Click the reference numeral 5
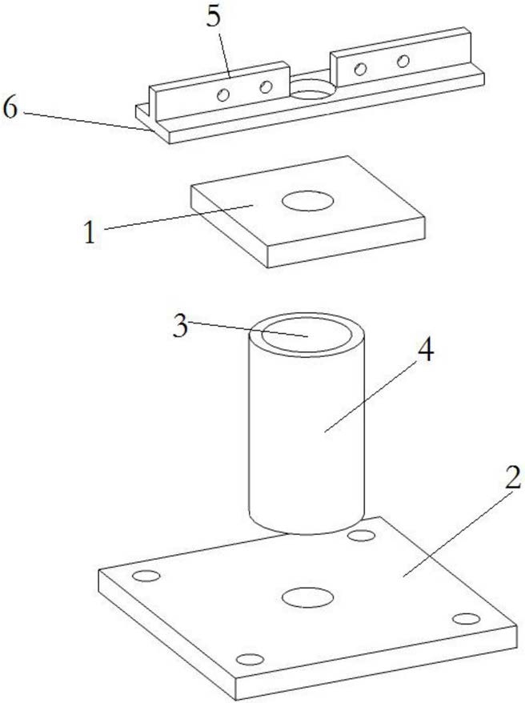click(x=214, y=18)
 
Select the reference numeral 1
click(x=90, y=233)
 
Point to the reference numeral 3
click(x=180, y=326)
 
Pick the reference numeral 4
click(x=426, y=351)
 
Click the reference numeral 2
click(x=513, y=477)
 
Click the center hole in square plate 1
click(x=308, y=201)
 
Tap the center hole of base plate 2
click(x=308, y=597)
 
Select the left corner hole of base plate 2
click(x=146, y=576)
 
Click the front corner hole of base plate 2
click(x=250, y=660)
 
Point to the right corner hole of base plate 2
click(x=467, y=619)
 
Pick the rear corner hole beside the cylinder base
click(x=362, y=536)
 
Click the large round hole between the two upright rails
click(x=312, y=90)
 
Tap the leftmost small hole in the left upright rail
click(x=223, y=95)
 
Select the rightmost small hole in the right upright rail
click(x=403, y=61)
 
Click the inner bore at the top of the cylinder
click(x=307, y=335)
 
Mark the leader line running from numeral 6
click(x=86, y=122)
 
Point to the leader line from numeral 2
click(x=457, y=533)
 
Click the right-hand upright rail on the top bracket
click(x=401, y=58)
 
